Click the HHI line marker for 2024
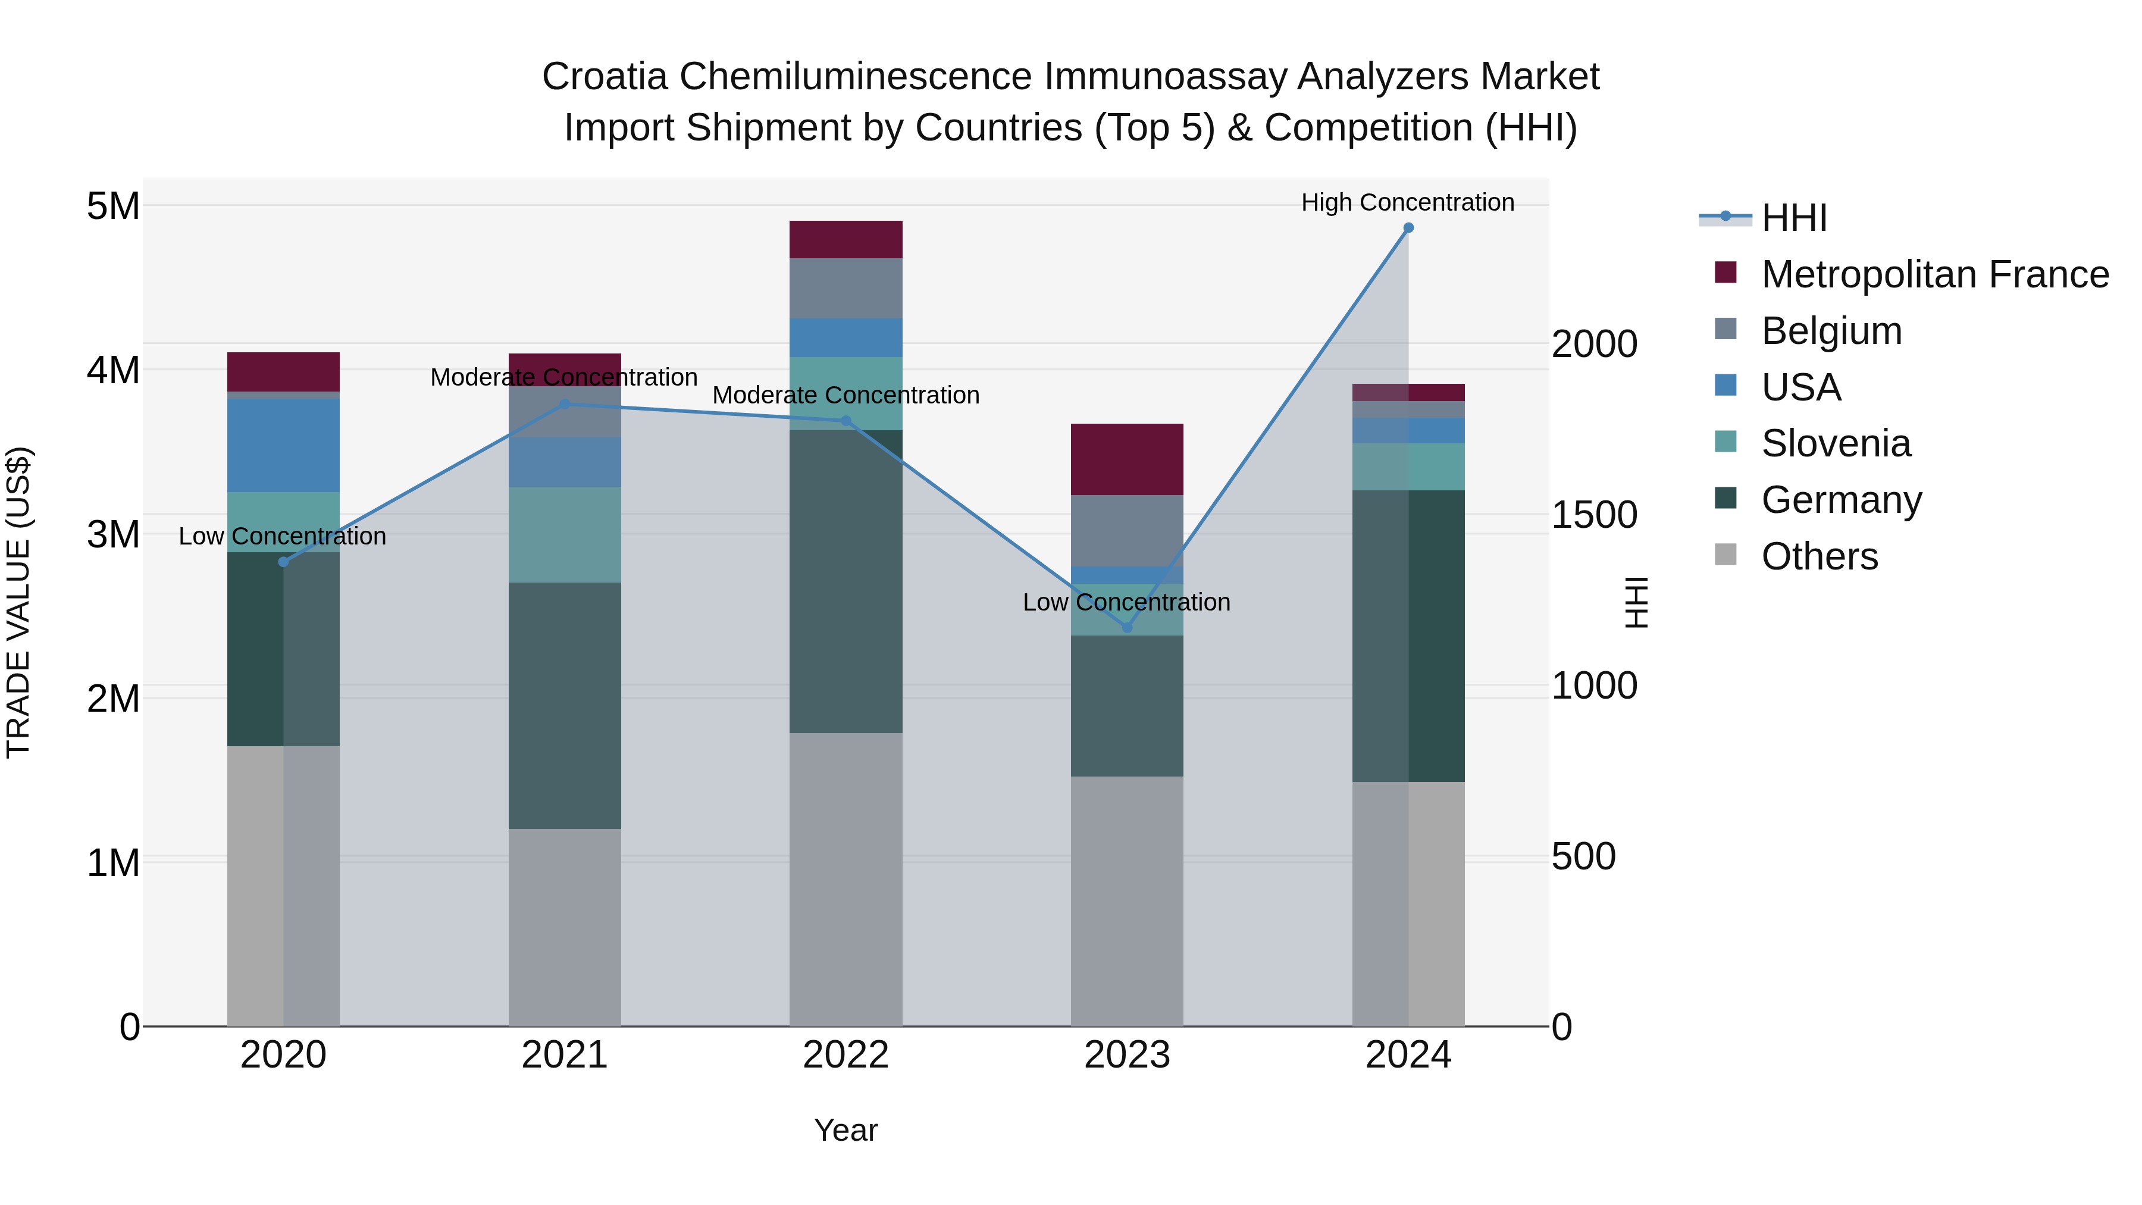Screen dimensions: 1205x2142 [1408, 228]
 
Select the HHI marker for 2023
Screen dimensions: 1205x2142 [1127, 628]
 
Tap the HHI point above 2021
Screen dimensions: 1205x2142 [565, 404]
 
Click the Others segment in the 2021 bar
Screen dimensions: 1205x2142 [565, 927]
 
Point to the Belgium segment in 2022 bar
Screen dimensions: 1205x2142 [845, 288]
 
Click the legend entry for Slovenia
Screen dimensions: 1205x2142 [1835, 443]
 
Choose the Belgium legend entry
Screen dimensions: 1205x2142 [1831, 331]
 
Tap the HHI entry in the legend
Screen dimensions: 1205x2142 [1793, 218]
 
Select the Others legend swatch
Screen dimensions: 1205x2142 [1725, 555]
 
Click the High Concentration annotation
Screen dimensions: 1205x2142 [1407, 202]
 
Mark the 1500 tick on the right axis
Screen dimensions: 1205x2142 [1594, 515]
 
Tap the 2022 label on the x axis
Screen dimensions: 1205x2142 [845, 1055]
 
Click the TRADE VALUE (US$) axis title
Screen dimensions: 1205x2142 [18, 602]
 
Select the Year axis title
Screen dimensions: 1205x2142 [845, 1130]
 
